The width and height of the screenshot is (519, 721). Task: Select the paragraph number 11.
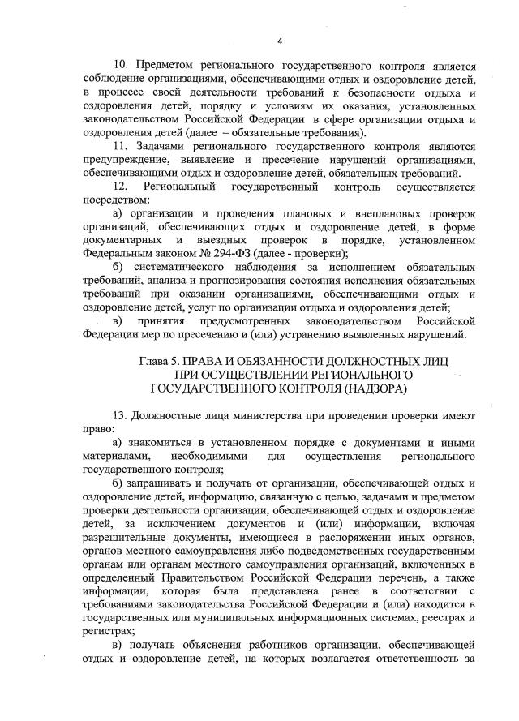tap(119, 147)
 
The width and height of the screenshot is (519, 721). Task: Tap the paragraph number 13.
tap(119, 413)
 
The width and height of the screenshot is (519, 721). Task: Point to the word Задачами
tap(165, 147)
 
